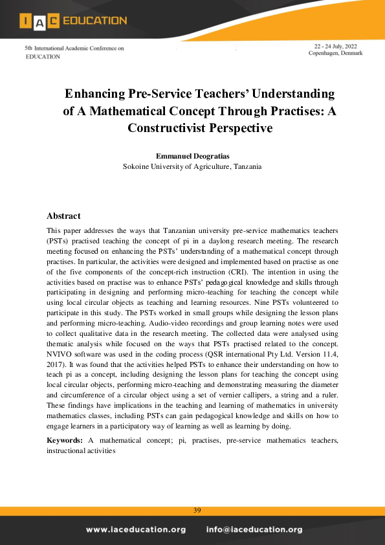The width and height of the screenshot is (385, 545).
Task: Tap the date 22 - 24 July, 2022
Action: point(336,47)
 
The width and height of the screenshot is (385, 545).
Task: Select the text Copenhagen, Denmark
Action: point(335,54)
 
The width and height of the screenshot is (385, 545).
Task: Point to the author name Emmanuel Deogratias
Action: point(192,156)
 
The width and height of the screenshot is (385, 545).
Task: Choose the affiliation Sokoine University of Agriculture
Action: point(192,166)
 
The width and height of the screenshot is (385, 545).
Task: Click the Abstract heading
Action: point(63,216)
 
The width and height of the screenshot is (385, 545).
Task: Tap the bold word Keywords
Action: point(64,440)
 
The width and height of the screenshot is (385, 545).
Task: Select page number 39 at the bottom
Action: point(197,511)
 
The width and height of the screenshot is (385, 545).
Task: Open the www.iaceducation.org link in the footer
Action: point(135,529)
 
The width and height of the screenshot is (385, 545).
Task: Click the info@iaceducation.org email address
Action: point(254,529)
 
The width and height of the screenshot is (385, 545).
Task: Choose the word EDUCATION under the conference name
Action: point(43,56)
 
